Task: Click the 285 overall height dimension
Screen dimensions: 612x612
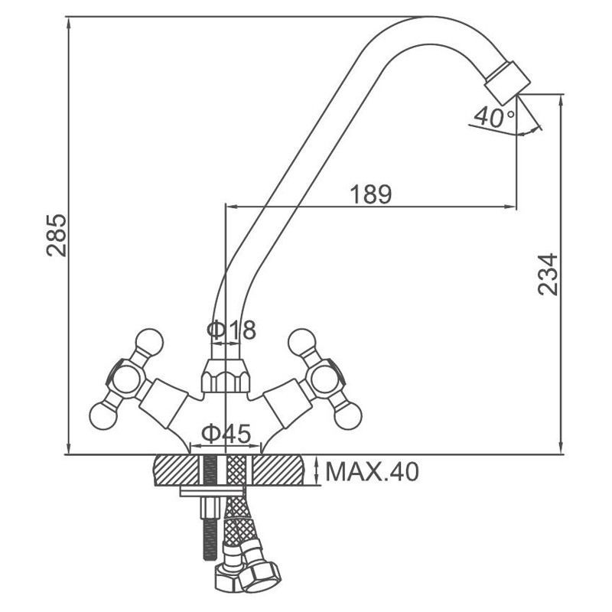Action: pos(57,235)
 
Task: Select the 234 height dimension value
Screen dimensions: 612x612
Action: pos(548,274)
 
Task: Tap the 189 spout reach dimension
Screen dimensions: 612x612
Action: pos(370,194)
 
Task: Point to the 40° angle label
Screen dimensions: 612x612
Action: pos(494,117)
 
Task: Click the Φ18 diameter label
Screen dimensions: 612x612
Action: pos(232,330)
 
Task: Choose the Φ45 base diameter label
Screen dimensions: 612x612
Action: pos(226,434)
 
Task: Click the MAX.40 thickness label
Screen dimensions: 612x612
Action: pos(372,471)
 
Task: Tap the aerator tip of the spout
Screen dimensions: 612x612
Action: pos(507,83)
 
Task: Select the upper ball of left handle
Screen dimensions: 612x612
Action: pos(148,342)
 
